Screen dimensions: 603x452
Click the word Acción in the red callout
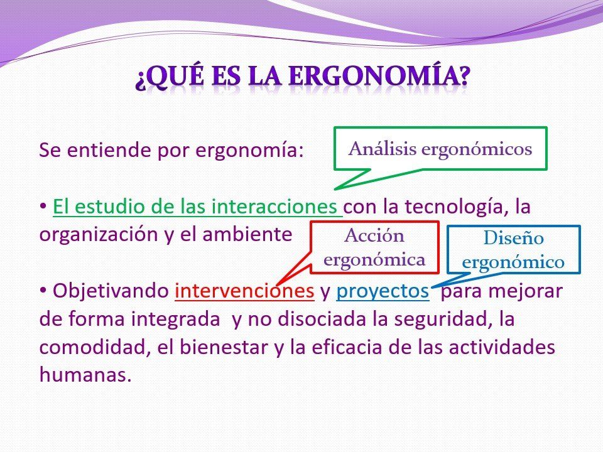click(374, 235)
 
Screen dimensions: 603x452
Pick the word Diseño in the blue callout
click(513, 238)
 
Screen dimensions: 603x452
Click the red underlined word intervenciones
click(244, 291)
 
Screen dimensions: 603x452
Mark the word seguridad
click(439, 320)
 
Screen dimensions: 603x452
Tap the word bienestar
click(224, 347)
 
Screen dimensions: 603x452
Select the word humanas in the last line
click(83, 375)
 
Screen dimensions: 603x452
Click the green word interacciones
click(274, 207)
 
